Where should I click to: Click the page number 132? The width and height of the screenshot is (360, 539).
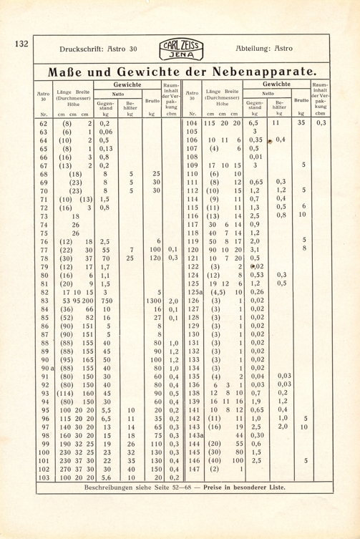point(20,44)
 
